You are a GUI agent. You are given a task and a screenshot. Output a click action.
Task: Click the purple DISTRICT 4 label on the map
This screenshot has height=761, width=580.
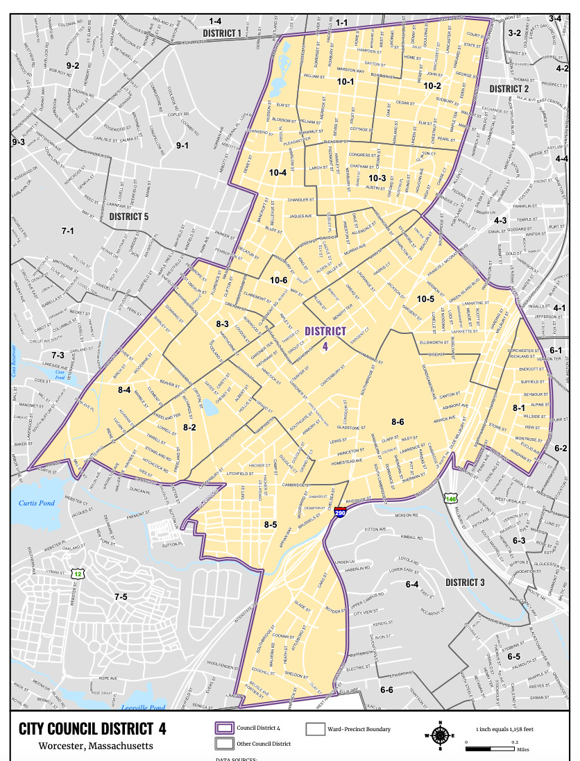point(325,337)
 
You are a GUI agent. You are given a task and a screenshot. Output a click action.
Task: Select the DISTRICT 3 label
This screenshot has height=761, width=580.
point(464,583)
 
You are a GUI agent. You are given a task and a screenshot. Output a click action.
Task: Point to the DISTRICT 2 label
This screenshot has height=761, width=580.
point(509,89)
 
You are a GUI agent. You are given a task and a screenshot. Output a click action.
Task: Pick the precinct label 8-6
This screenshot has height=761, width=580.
point(398,422)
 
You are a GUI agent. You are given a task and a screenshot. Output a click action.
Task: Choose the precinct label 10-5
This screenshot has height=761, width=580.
point(425,299)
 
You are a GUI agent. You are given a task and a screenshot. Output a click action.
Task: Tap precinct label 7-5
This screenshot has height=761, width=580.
point(121,596)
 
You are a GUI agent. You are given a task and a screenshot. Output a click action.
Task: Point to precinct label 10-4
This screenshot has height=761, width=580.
point(278,172)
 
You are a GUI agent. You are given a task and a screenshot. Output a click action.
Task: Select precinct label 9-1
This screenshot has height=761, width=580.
point(182,145)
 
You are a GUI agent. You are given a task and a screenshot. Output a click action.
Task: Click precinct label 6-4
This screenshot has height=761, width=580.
point(411,585)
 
